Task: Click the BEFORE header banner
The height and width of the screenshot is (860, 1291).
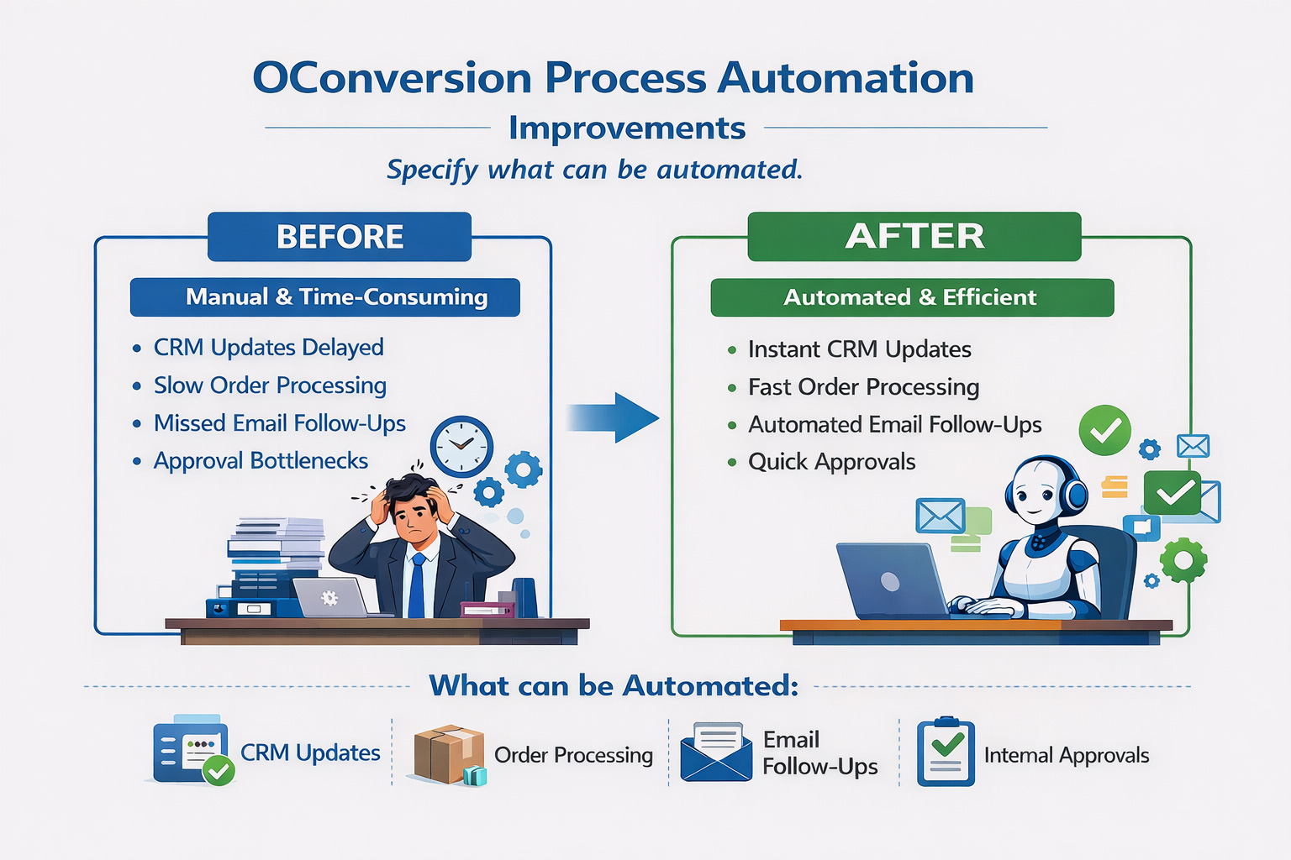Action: click(x=340, y=237)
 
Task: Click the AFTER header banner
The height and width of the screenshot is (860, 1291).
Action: click(x=914, y=236)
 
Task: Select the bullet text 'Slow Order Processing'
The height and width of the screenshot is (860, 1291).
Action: click(x=270, y=385)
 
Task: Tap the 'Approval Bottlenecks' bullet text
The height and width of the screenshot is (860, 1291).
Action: click(x=261, y=461)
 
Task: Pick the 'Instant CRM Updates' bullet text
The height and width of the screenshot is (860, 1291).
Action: click(x=859, y=349)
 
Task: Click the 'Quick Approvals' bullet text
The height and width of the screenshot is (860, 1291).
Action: click(x=831, y=462)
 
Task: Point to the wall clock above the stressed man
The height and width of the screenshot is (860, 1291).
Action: click(x=461, y=446)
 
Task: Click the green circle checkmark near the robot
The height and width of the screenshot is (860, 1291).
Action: click(x=1104, y=430)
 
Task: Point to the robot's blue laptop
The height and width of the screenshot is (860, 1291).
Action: click(x=892, y=580)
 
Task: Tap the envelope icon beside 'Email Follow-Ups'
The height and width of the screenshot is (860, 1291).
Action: click(x=716, y=752)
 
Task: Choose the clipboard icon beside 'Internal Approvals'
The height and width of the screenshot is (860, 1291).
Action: click(x=946, y=752)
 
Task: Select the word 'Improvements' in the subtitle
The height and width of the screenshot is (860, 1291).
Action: click(x=627, y=128)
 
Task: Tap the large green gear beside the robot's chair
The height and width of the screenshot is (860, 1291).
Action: click(x=1183, y=560)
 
